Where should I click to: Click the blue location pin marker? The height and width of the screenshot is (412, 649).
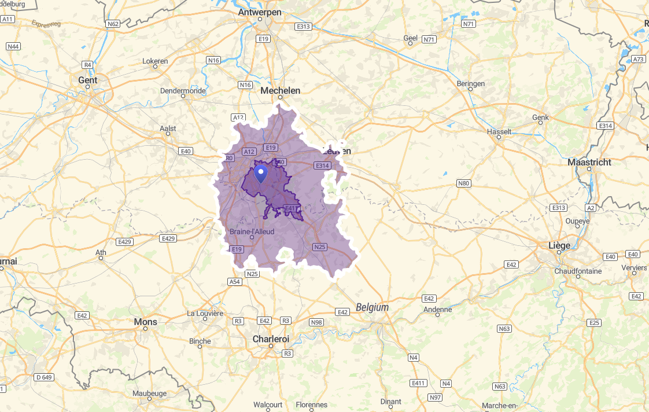click(261, 173)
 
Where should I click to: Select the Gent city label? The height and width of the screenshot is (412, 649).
click(88, 80)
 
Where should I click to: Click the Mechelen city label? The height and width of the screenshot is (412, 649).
click(281, 91)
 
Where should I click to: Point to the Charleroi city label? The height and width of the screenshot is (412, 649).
click(271, 339)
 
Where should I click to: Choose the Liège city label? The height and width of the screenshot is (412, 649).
click(559, 245)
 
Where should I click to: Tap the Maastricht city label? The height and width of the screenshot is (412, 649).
click(589, 162)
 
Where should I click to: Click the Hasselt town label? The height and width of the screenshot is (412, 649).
click(500, 131)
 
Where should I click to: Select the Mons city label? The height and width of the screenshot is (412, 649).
click(145, 321)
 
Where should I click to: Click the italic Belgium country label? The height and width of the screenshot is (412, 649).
click(373, 307)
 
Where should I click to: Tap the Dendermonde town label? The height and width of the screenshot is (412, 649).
click(183, 91)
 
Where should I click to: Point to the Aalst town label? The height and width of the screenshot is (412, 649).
click(168, 128)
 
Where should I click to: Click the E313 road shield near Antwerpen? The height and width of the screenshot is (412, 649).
click(303, 27)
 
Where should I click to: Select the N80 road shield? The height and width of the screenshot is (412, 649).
click(463, 184)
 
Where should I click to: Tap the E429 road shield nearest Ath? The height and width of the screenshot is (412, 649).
click(124, 241)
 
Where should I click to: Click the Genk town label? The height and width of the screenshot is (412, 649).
click(540, 117)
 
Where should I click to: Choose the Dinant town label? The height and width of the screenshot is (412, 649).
click(391, 402)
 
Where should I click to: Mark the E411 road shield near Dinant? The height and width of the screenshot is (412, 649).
click(418, 383)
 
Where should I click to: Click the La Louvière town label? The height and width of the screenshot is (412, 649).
click(205, 313)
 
